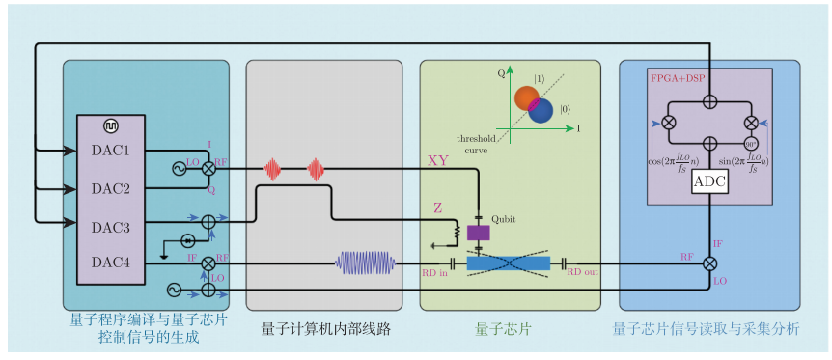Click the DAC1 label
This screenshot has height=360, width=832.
[110, 152]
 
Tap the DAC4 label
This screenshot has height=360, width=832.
[110, 263]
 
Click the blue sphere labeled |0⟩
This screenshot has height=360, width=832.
[541, 111]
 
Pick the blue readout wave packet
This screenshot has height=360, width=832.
[366, 263]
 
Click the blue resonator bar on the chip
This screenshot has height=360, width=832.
[508, 263]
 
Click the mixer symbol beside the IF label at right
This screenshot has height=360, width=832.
[709, 263]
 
